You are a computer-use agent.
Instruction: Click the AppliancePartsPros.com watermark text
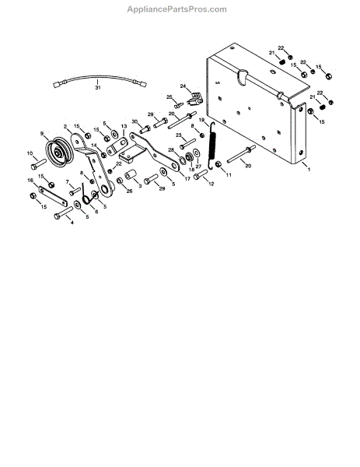[177, 9]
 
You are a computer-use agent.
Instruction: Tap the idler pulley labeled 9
[60, 153]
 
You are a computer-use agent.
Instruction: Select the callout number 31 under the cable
[98, 87]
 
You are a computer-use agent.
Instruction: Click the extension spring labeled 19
[212, 146]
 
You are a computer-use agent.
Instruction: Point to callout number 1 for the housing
[309, 169]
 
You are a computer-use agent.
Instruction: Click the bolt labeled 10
[38, 164]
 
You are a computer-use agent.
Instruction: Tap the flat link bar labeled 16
[53, 196]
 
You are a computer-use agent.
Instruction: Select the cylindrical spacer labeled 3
[131, 174]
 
